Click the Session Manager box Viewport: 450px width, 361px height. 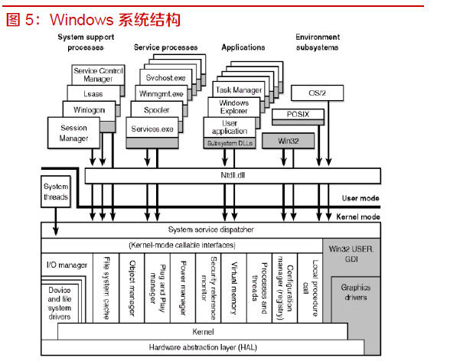click(x=73, y=133)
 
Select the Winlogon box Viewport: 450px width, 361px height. click(x=89, y=110)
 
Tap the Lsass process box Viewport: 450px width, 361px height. click(x=93, y=93)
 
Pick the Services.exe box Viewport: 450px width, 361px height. click(x=152, y=128)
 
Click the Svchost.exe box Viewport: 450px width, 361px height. click(x=165, y=77)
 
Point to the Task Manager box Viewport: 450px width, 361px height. click(x=239, y=89)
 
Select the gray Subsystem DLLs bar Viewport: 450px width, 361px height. click(x=230, y=143)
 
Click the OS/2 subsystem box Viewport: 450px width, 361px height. click(x=317, y=93)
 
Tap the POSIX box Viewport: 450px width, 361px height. click(x=298, y=114)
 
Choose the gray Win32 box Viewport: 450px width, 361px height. click(x=288, y=141)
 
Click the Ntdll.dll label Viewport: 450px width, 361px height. click(x=233, y=175)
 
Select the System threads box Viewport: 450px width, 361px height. click(x=56, y=191)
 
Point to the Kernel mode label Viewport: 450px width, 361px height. click(x=358, y=216)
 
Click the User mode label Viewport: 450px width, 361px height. click(x=360, y=198)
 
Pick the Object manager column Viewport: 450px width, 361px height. click(x=132, y=288)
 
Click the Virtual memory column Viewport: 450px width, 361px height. click(x=234, y=288)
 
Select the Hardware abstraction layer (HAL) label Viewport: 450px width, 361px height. click(x=203, y=347)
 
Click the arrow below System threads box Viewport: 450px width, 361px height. click(x=56, y=221)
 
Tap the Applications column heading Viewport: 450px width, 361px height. click(x=243, y=47)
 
